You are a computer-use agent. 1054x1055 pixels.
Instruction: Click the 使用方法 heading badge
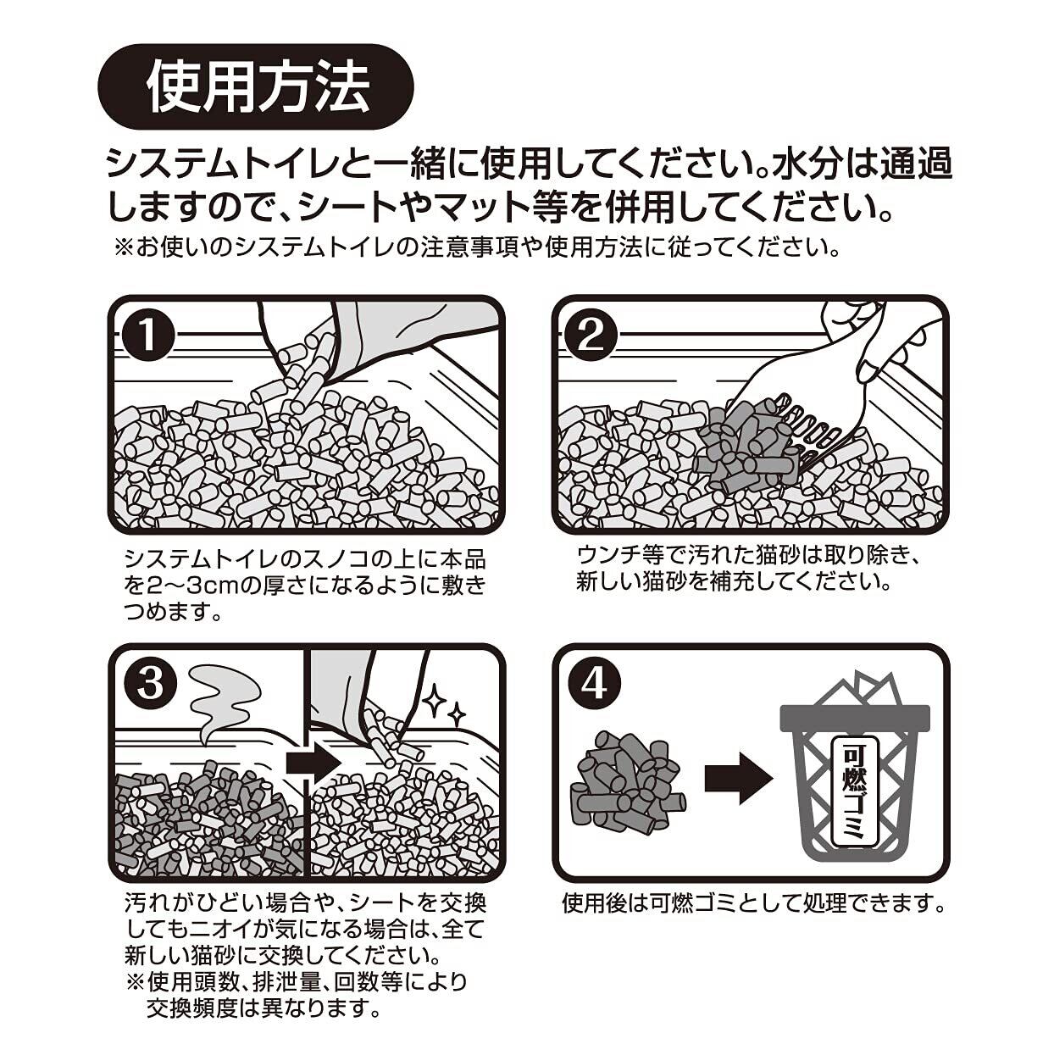point(255,87)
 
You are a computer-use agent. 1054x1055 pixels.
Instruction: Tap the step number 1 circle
point(148,336)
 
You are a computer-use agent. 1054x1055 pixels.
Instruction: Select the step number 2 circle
point(592,336)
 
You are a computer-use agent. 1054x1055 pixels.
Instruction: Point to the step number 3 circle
point(149,684)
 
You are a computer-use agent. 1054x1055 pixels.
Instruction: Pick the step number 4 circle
point(594,684)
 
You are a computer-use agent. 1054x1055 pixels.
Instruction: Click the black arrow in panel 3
point(314,762)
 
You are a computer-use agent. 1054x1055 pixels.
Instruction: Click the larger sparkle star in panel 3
point(436,699)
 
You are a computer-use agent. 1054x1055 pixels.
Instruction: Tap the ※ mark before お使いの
point(124,249)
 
